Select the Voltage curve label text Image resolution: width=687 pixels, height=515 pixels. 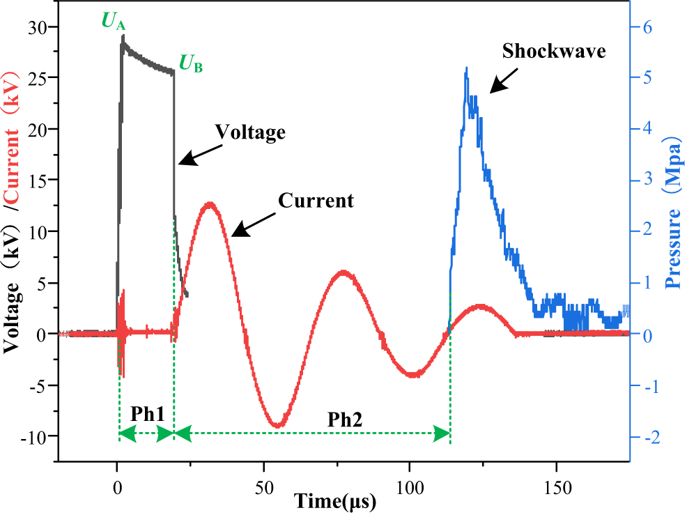[x=250, y=131]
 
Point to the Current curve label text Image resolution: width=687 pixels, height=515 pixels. [x=316, y=201]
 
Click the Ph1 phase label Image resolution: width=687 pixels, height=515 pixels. [x=147, y=413]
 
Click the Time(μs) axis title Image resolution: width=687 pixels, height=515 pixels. [x=335, y=501]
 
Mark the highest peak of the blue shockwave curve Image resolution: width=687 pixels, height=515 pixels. [x=466, y=68]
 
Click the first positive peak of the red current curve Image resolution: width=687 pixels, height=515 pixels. [x=209, y=203]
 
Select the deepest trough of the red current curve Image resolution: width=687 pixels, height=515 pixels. [x=277, y=425]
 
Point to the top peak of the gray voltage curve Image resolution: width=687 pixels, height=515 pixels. [x=123, y=36]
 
